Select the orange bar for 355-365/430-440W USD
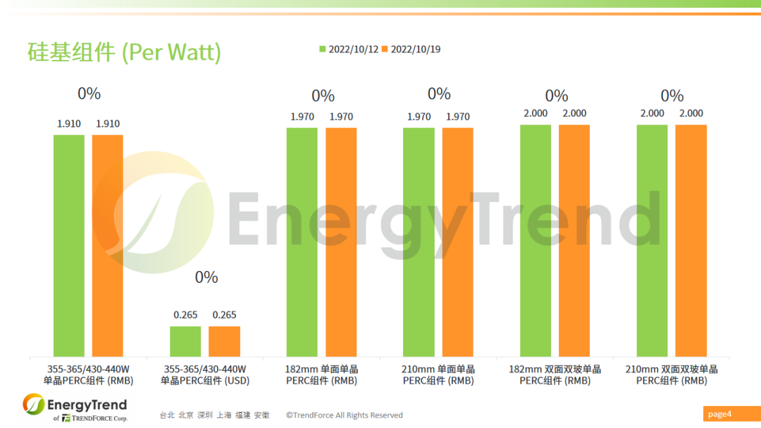point(224,341)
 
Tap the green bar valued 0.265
point(185,341)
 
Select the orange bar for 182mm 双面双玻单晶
point(574,240)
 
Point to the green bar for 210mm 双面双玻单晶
point(652,240)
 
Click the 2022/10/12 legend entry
point(349,49)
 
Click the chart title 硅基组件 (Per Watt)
point(124,53)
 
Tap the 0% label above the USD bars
point(206,277)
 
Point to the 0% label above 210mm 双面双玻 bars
point(672,96)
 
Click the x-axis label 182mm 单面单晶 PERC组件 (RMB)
point(322,374)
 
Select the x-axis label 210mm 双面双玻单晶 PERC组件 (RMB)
point(672,374)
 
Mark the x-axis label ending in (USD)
point(205,374)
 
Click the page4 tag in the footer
point(720,414)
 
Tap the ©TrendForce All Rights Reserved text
point(344,415)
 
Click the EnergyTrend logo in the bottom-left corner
point(75,408)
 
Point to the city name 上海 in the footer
point(223,415)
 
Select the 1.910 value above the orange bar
point(108,124)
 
